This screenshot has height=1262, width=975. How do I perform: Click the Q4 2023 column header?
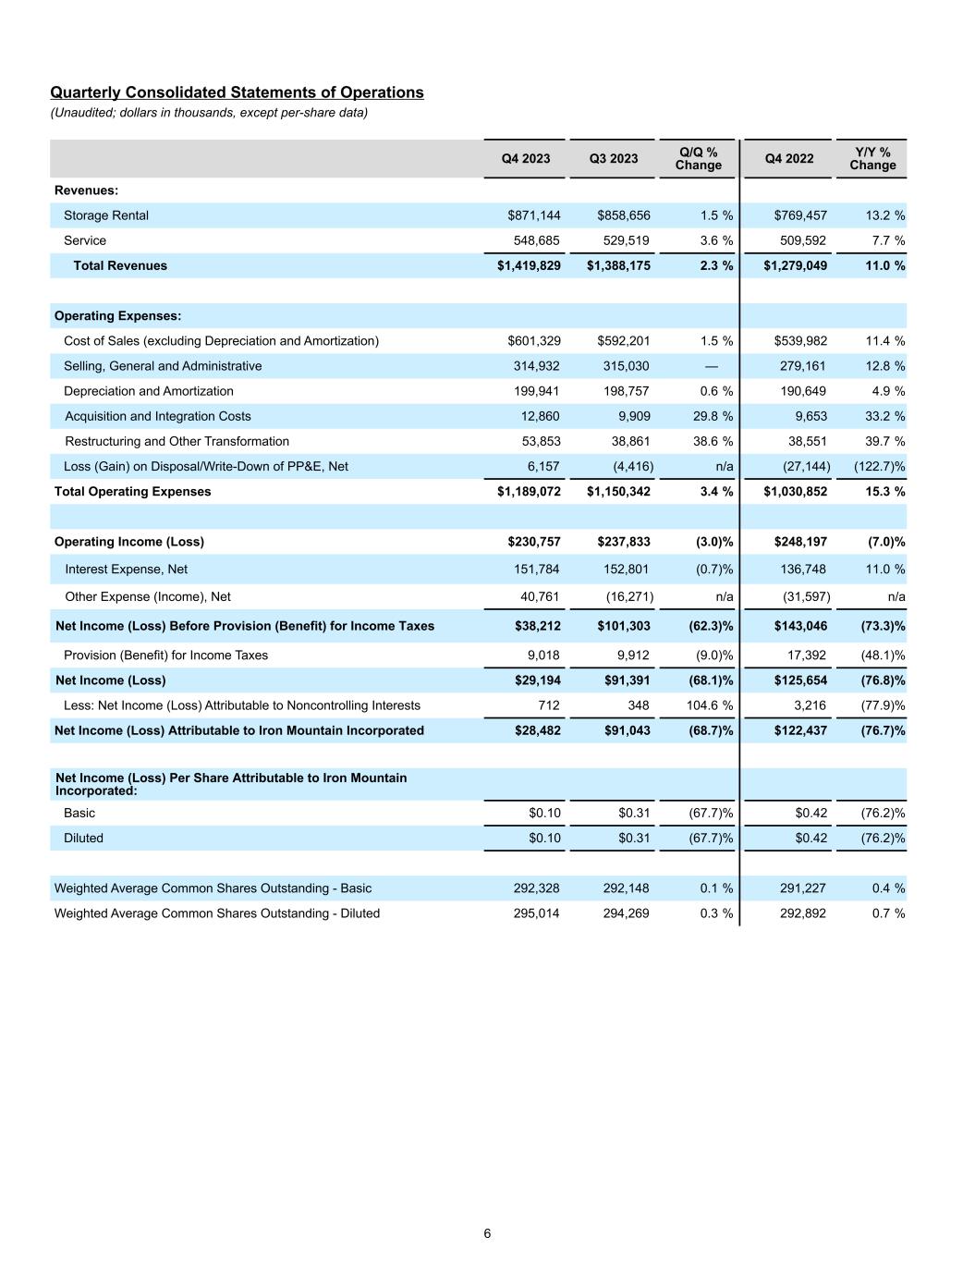click(x=525, y=158)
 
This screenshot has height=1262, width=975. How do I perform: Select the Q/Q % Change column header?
click(x=698, y=158)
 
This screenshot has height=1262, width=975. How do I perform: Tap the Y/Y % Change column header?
click(x=872, y=158)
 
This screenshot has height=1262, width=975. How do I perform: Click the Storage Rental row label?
click(x=106, y=215)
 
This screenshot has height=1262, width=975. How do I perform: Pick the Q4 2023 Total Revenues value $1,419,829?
click(x=529, y=265)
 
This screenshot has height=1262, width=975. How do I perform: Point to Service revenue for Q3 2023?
click(x=626, y=240)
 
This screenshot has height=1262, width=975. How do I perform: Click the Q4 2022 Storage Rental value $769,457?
click(x=796, y=215)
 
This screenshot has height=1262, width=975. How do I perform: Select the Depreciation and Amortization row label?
click(x=149, y=391)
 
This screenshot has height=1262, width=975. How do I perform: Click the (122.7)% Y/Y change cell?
click(x=872, y=466)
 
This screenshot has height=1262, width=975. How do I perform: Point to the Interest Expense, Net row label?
click(x=126, y=570)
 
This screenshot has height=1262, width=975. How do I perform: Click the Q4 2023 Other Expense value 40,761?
click(x=537, y=597)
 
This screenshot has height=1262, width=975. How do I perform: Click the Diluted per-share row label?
click(x=83, y=839)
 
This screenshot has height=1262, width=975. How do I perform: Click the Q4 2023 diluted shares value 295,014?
click(x=536, y=913)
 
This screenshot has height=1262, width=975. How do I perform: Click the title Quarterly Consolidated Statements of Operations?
click(x=237, y=92)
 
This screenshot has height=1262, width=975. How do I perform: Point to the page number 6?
click(x=487, y=1233)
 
